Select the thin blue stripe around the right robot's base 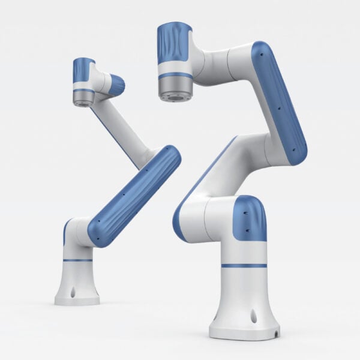click(243, 265)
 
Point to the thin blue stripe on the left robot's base click(77, 259)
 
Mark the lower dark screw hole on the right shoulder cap click(245, 230)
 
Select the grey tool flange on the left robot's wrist click(83, 98)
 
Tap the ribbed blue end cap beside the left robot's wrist click(117, 85)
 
